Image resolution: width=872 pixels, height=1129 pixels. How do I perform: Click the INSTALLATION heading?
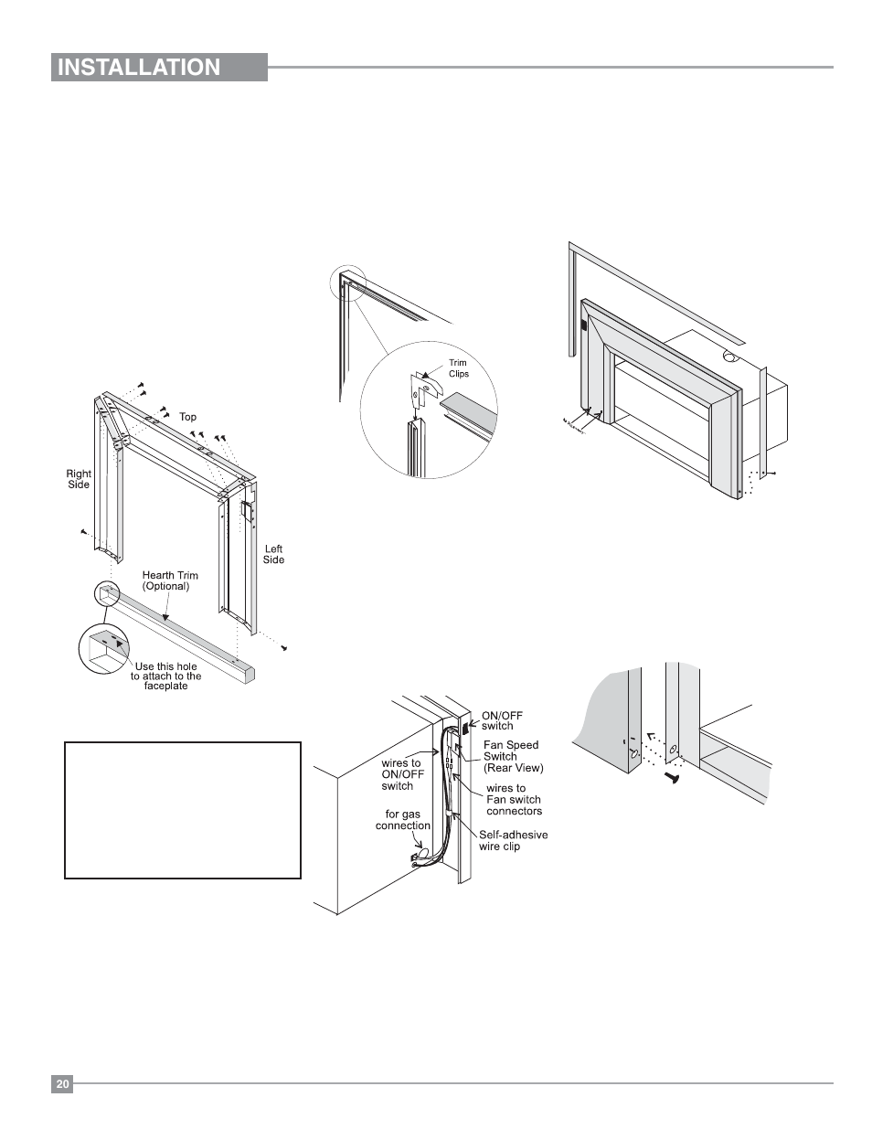pos(139,68)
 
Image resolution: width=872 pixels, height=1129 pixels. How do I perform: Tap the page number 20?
pos(61,1084)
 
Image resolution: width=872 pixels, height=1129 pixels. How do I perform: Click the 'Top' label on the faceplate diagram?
pos(187,417)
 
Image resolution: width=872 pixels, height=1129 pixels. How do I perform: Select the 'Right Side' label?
pos(79,479)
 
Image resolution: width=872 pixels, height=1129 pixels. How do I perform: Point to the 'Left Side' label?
pos(273,555)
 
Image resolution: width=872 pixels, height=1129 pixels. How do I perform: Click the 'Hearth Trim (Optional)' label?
pos(170,580)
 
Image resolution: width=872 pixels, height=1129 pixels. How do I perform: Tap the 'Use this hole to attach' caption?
pos(167,676)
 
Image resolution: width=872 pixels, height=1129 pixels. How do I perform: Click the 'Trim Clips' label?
pos(458,368)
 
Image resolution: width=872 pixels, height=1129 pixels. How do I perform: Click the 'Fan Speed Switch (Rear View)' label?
pos(513,756)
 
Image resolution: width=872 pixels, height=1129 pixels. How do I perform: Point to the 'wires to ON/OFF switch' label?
pos(397,774)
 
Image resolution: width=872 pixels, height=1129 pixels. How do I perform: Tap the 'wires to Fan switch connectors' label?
pos(513,799)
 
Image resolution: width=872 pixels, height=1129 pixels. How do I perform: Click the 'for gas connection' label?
pos(402,819)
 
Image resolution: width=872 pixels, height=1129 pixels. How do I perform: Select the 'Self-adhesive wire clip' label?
pos(513,840)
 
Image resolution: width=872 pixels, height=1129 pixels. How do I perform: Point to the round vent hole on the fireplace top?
pos(731,357)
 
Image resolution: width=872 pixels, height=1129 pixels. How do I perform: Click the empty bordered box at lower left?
pos(183,810)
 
